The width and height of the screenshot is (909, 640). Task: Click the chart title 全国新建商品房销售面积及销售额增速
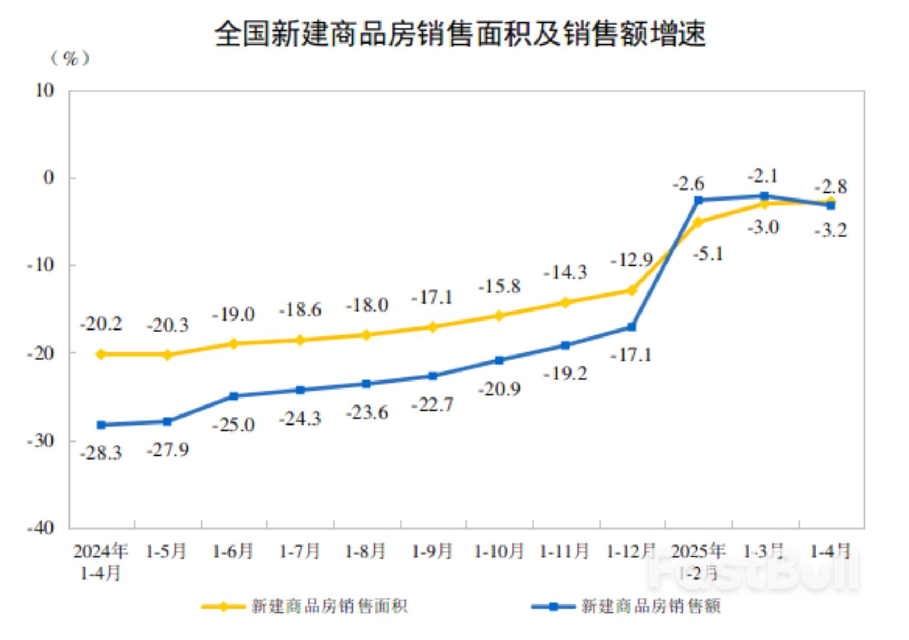(x=460, y=34)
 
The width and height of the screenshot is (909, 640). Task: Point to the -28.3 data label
(x=101, y=453)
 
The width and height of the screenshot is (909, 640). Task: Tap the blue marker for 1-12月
(x=631, y=327)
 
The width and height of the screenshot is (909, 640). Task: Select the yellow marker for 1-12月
(x=631, y=290)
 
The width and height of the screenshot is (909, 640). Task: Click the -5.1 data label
(x=708, y=254)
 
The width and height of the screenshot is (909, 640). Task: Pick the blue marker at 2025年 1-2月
(x=698, y=200)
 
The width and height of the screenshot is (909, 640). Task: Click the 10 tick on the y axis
(x=45, y=91)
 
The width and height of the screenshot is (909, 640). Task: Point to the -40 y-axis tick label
(x=40, y=527)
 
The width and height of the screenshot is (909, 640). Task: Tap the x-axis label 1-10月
(x=499, y=551)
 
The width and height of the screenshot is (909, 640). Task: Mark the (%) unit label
(x=70, y=58)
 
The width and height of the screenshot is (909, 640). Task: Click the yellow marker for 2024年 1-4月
(x=101, y=354)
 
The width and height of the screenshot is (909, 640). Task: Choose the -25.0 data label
(x=233, y=425)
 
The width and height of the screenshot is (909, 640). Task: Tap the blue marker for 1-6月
(x=233, y=396)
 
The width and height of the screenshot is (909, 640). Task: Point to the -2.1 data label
(x=763, y=175)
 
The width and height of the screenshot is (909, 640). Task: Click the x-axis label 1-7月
(x=300, y=551)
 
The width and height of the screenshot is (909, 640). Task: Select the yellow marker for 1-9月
(x=432, y=327)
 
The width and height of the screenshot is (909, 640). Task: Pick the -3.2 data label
(x=830, y=230)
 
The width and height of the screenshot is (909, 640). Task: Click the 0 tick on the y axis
(x=48, y=178)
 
